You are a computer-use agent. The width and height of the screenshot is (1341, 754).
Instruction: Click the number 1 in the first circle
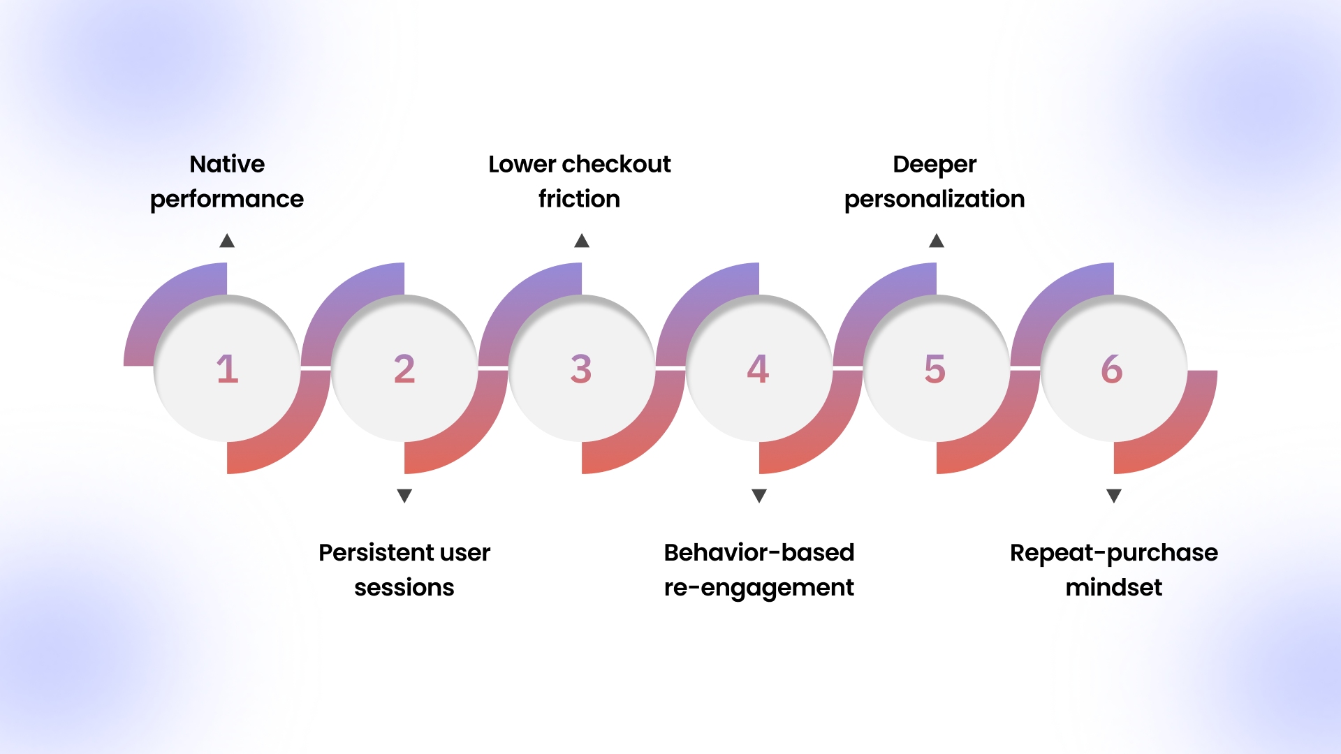[227, 369]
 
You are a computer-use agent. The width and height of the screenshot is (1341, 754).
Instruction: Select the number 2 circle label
[404, 369]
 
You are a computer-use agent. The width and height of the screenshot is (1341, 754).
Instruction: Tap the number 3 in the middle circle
[581, 369]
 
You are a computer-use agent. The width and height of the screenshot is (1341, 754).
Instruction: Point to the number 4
[759, 369]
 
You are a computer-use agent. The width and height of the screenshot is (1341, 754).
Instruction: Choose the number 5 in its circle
[935, 369]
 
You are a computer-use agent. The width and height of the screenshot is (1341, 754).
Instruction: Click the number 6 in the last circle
[1112, 369]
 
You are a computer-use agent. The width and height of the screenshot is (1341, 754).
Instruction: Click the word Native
[227, 164]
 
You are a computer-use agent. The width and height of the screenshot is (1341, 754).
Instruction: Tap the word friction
[579, 199]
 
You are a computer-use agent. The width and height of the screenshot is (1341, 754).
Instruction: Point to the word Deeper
[935, 165]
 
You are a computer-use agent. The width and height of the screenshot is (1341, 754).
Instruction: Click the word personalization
[935, 200]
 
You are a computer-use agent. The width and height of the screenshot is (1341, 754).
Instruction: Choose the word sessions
[404, 587]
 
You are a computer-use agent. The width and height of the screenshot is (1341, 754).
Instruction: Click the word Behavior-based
[759, 552]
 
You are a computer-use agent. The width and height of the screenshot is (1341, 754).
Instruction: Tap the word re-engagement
[759, 588]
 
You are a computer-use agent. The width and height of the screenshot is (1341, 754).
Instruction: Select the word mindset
[1114, 587]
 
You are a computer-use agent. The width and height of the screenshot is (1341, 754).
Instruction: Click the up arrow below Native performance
[227, 241]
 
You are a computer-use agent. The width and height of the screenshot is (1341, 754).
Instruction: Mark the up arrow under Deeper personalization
[937, 241]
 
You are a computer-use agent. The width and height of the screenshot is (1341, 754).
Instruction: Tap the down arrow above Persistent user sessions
[404, 496]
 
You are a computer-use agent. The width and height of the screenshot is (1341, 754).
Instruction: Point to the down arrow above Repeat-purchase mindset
[1114, 496]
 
